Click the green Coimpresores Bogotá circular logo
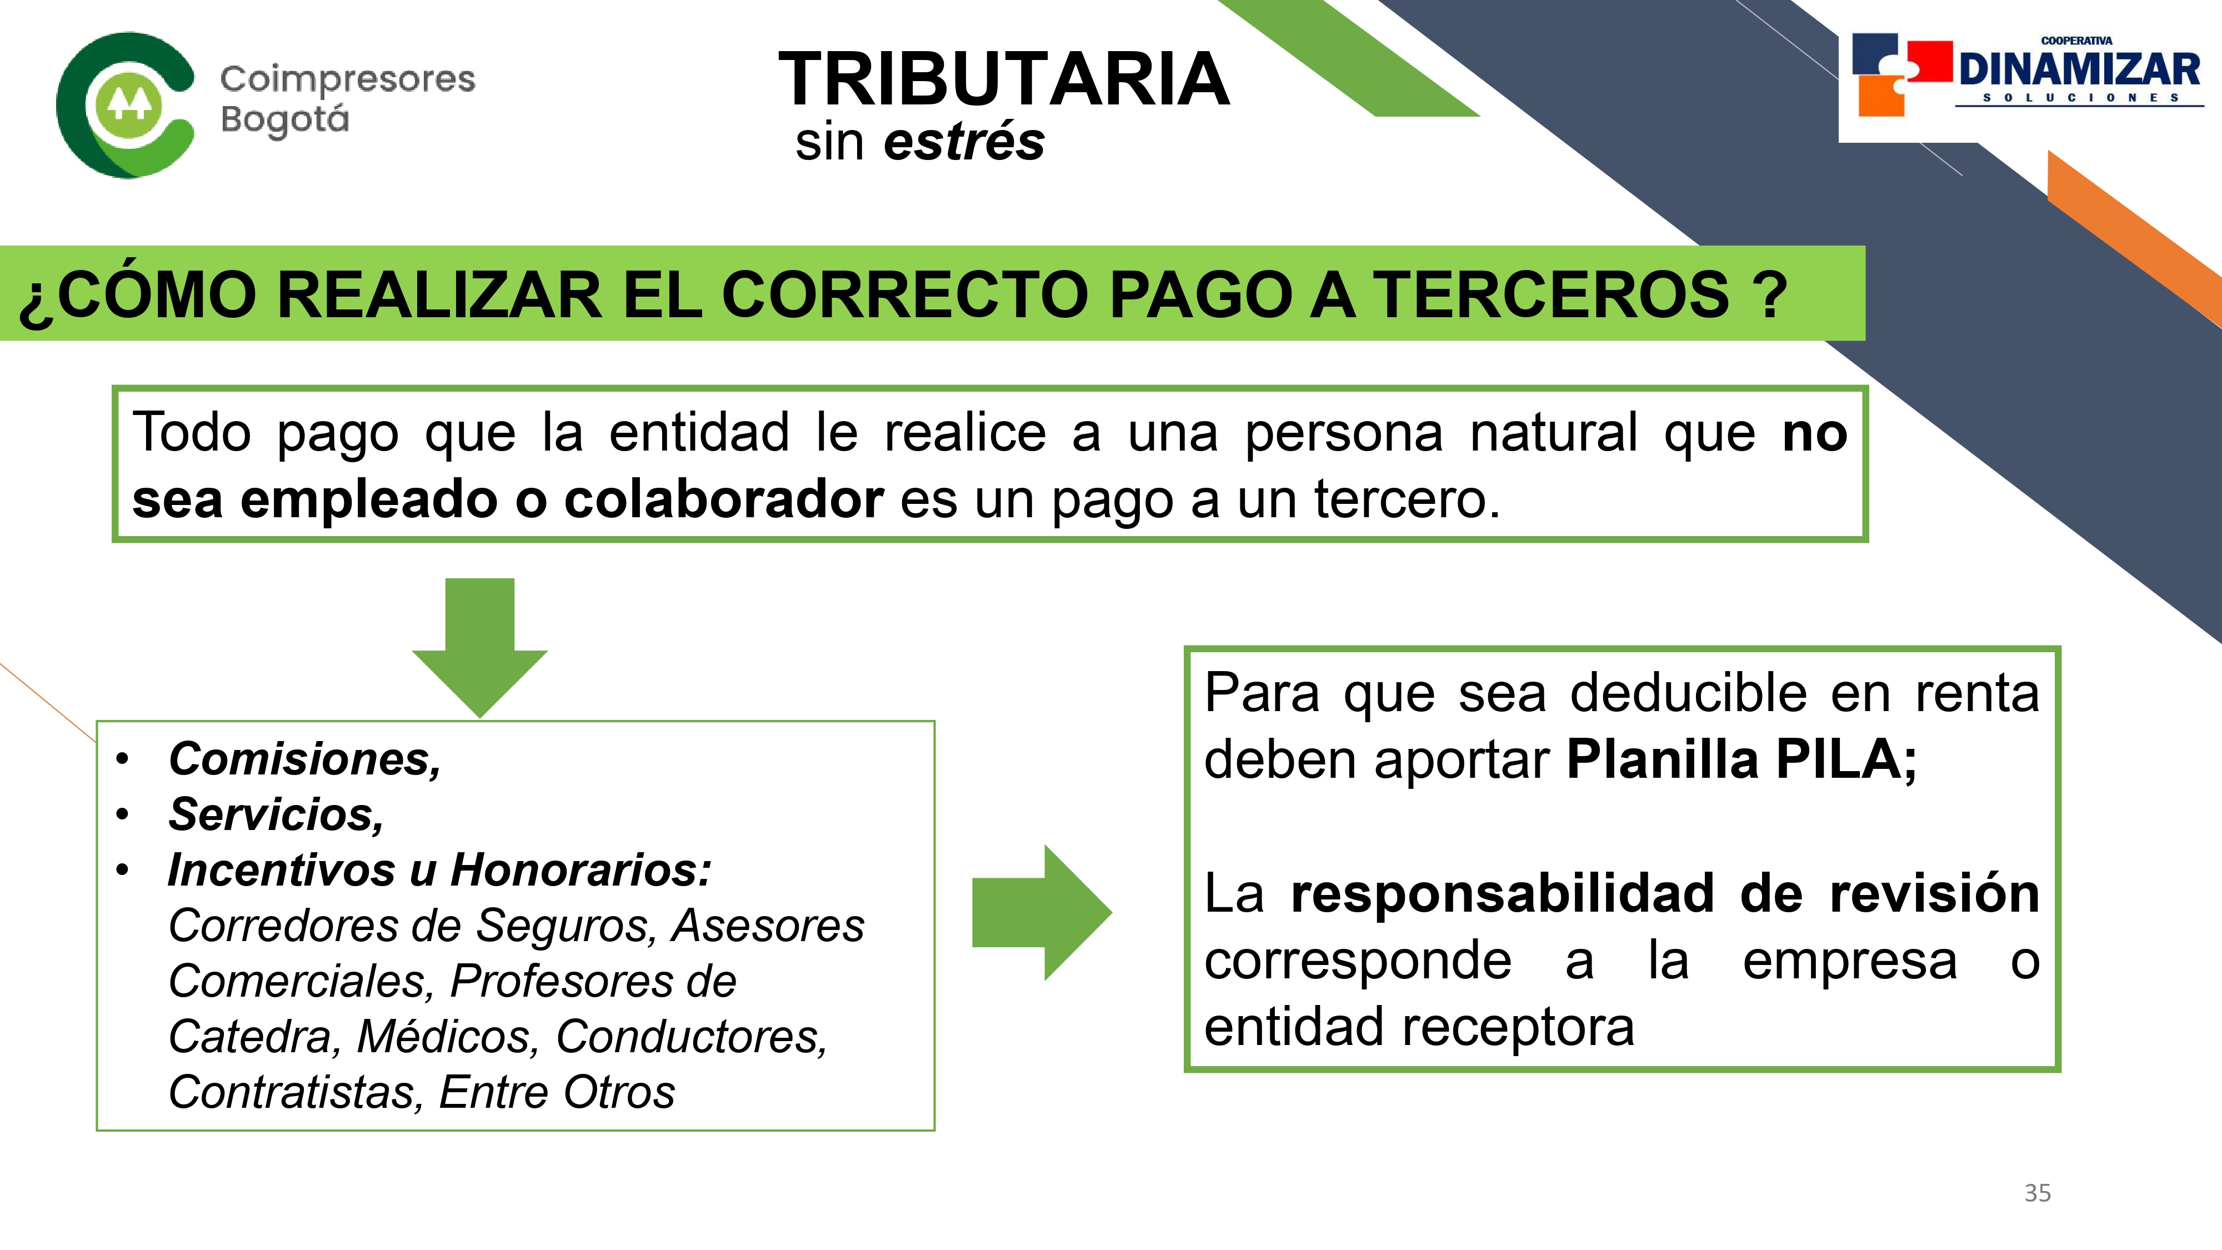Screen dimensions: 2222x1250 click(125, 105)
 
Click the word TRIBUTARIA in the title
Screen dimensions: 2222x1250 click(1004, 79)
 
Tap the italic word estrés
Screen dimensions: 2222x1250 click(963, 142)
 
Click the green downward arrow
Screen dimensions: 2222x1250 click(479, 647)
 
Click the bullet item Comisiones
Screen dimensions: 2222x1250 click(304, 759)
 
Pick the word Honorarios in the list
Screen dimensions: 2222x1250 click(582, 869)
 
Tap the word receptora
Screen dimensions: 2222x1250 click(1518, 1027)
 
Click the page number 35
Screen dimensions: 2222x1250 click(2038, 1193)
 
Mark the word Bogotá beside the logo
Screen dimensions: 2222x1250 click(284, 119)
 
